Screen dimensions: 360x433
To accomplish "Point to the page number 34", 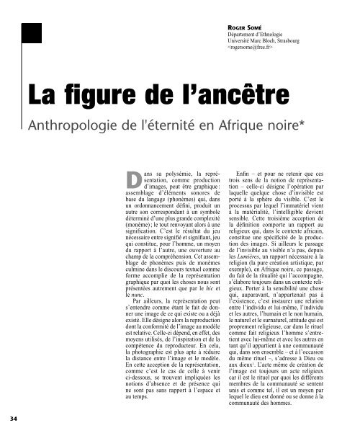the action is (12, 419).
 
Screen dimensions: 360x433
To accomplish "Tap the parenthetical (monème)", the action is (146, 224).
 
